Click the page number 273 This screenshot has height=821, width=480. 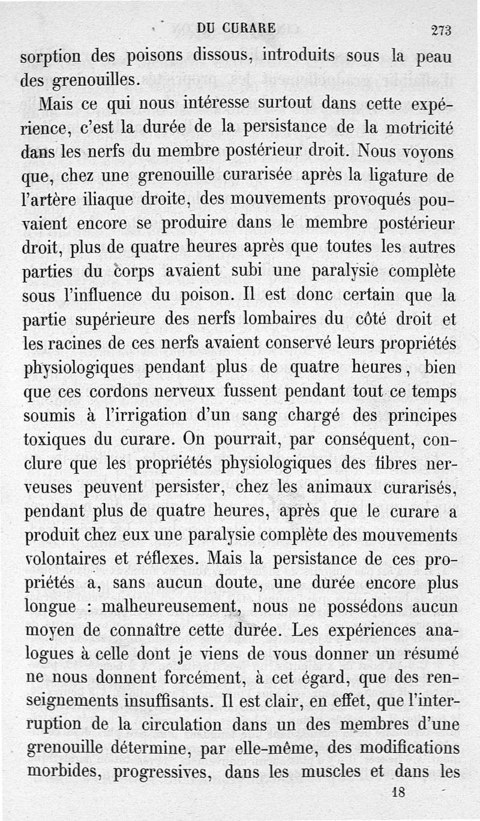[441, 30]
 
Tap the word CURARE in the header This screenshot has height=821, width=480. [248, 28]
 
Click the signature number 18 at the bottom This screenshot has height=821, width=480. [398, 792]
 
